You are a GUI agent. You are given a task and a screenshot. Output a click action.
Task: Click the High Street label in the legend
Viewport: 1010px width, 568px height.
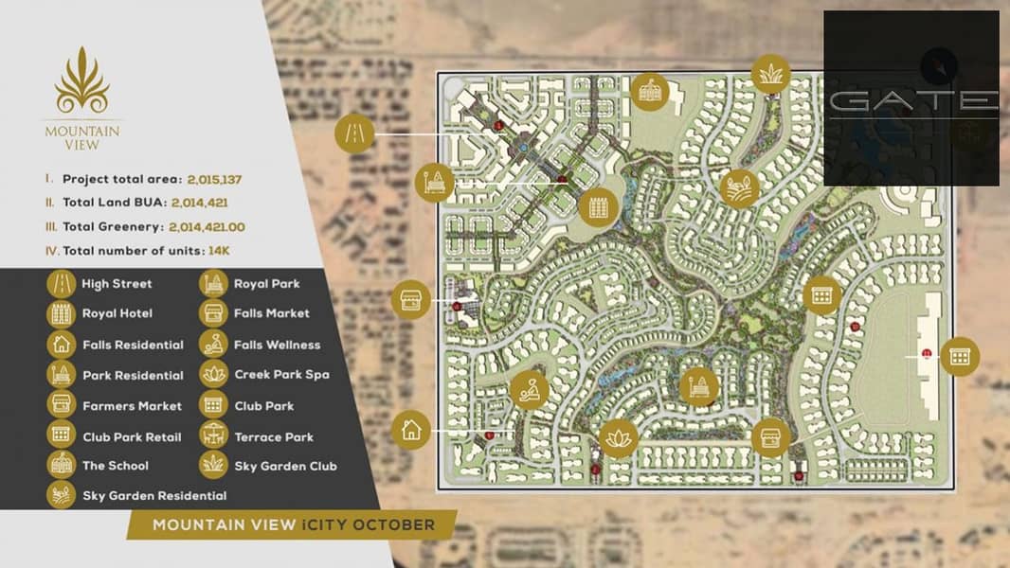(x=117, y=283)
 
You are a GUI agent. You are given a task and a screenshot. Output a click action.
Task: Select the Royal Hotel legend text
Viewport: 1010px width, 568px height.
(x=117, y=313)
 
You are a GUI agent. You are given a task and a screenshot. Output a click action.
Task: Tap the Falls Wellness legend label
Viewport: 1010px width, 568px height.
(x=277, y=345)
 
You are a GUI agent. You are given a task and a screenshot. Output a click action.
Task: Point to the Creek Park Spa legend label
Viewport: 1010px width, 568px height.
(x=281, y=375)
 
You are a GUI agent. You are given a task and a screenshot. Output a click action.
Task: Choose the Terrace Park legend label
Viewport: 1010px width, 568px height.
(x=274, y=436)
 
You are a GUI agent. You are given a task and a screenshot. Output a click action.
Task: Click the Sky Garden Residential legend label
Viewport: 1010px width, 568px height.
(x=154, y=495)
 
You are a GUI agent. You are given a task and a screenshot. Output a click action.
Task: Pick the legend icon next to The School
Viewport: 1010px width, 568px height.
(x=62, y=465)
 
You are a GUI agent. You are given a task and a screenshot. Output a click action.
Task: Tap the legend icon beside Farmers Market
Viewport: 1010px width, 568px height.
(x=62, y=404)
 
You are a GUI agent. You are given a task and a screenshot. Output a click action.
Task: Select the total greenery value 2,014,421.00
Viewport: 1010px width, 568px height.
(x=207, y=227)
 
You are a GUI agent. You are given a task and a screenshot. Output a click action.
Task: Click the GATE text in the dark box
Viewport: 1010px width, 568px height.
(x=911, y=100)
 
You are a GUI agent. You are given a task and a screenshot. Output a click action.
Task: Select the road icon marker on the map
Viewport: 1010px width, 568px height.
(x=355, y=134)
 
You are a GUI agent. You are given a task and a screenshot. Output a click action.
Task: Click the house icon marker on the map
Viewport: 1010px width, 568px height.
(x=410, y=430)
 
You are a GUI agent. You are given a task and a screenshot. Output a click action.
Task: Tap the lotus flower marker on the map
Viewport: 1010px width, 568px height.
(x=619, y=438)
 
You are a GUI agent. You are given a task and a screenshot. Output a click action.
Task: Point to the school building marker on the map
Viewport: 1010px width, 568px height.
(x=649, y=91)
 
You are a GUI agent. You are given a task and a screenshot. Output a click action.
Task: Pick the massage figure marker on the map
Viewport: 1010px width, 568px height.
(x=529, y=389)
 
